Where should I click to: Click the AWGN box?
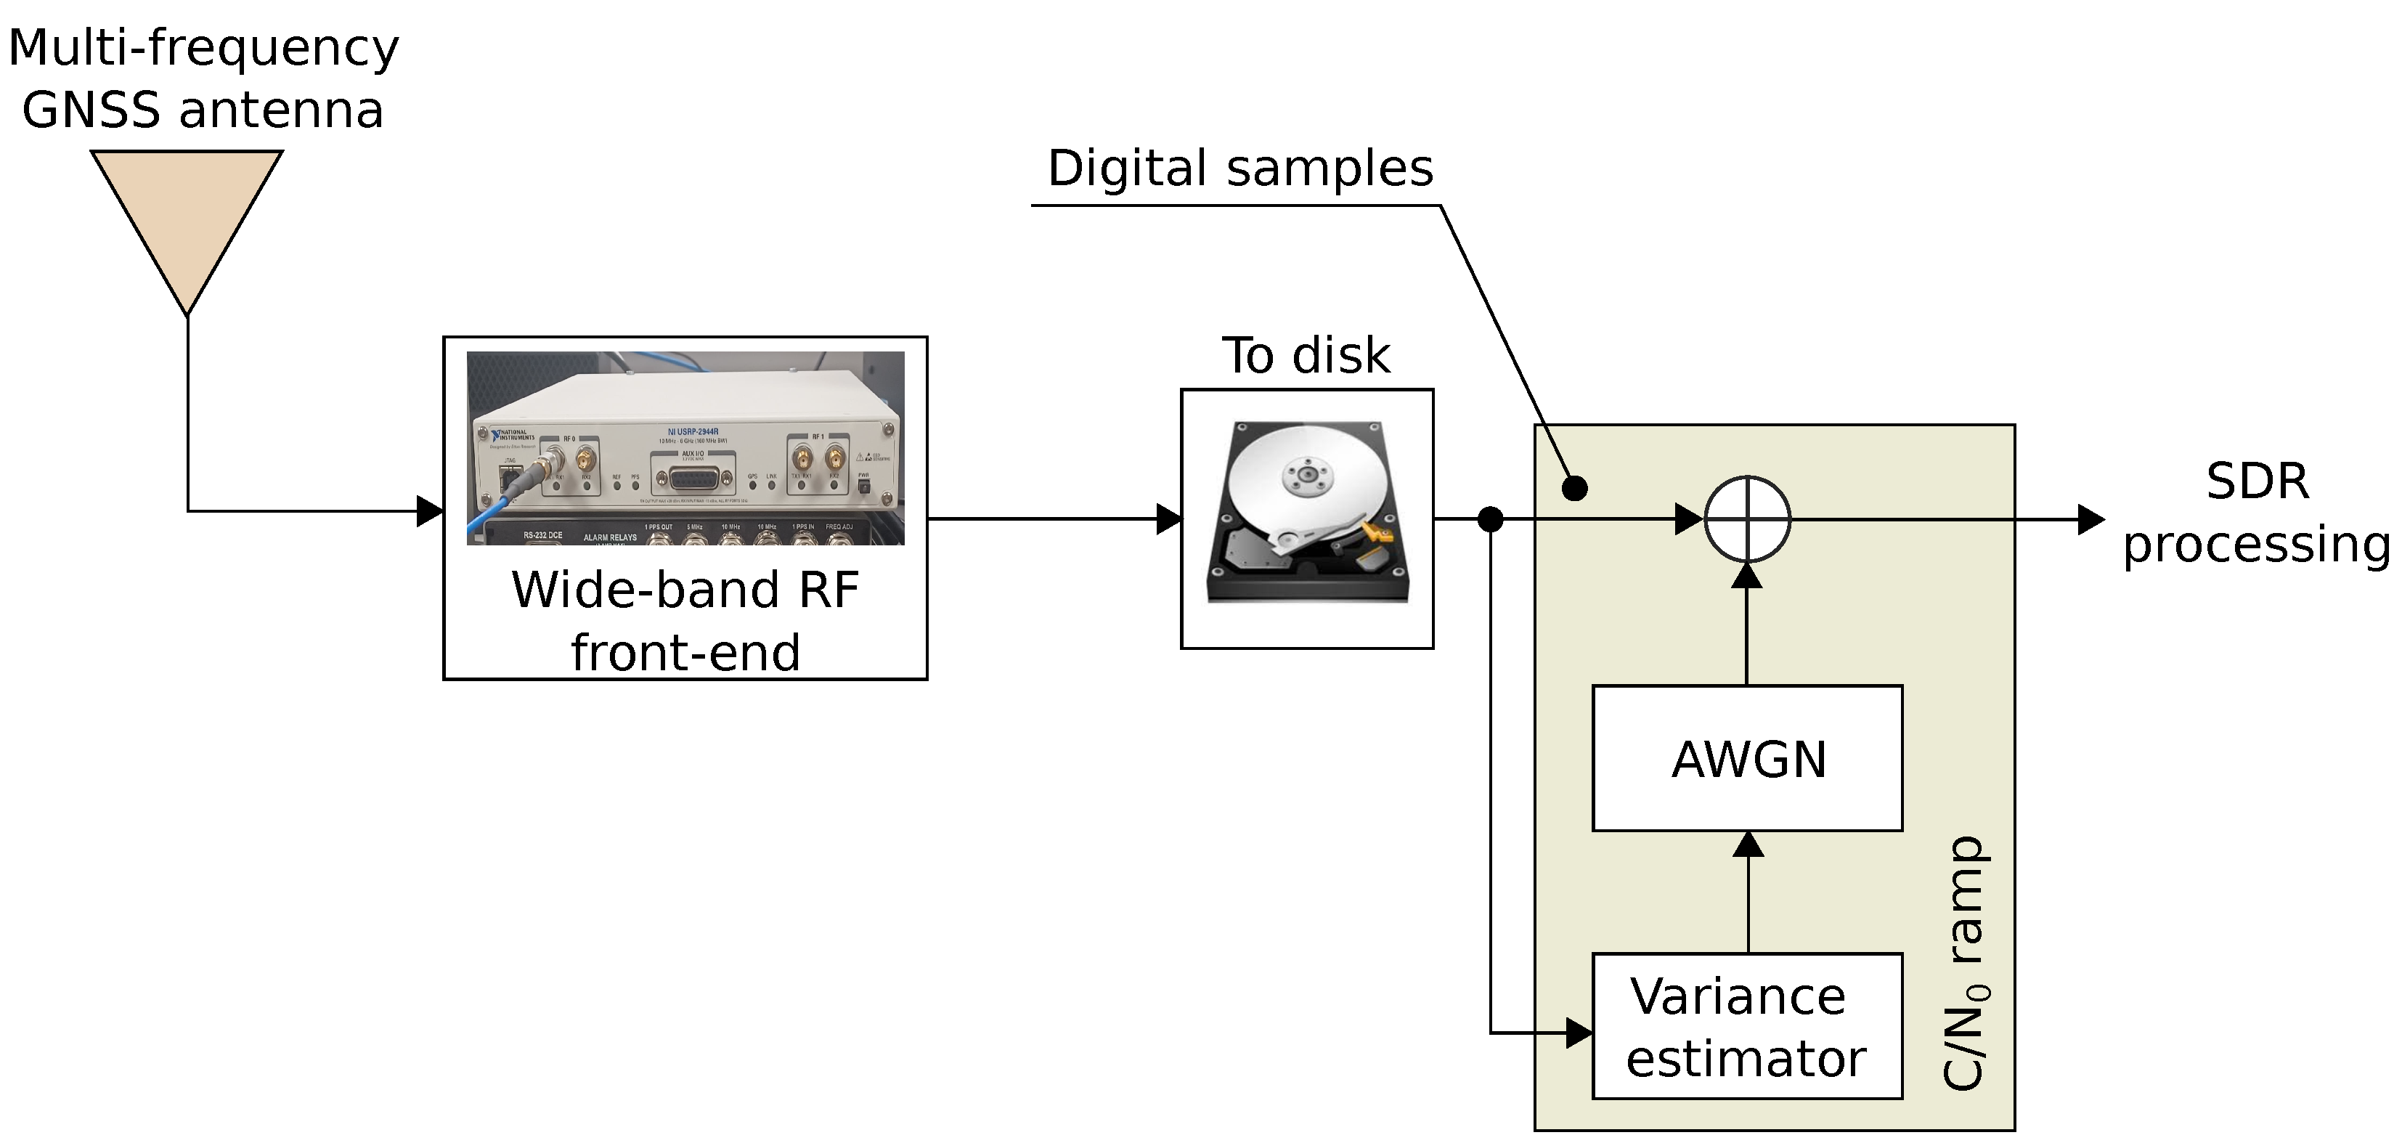tap(1746, 758)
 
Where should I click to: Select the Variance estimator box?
tap(1746, 1025)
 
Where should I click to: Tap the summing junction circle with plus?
tap(1746, 519)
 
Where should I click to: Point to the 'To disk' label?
tap(1306, 355)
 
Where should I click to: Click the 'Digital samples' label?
tap(1240, 168)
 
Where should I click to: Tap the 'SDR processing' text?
tap(2257, 513)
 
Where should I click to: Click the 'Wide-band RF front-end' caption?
tap(685, 620)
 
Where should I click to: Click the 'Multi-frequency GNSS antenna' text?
tap(203, 78)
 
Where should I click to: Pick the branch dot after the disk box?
tap(1490, 519)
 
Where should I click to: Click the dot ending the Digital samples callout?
tap(1575, 487)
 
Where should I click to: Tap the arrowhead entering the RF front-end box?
tap(430, 511)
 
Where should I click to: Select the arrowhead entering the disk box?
tap(1169, 519)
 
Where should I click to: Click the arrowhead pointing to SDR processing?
tap(2091, 519)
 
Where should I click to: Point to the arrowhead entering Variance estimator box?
tap(1579, 1032)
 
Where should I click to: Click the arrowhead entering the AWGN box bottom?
tap(1748, 845)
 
